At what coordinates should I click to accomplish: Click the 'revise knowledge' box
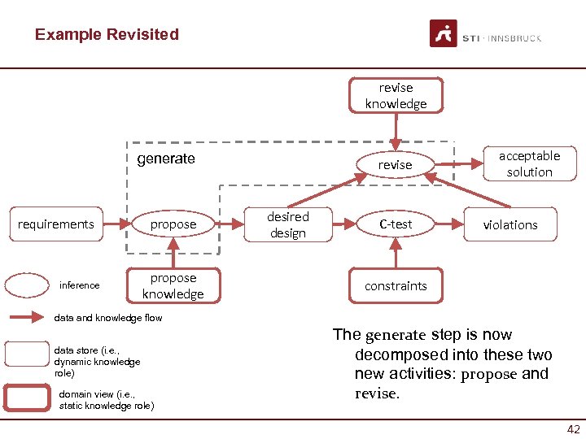click(x=396, y=96)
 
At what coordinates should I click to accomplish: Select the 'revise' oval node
click(x=395, y=165)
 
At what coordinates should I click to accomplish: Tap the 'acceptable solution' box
click(x=529, y=164)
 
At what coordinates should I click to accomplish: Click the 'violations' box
click(x=510, y=224)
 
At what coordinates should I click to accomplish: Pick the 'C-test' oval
click(x=396, y=224)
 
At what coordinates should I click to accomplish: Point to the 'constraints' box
click(x=396, y=286)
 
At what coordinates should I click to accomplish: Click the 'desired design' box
click(x=288, y=225)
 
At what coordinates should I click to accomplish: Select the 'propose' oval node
click(x=173, y=224)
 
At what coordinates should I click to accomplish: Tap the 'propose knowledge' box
click(x=173, y=286)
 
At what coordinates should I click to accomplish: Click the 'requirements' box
click(x=56, y=224)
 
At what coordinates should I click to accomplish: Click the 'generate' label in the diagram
click(x=166, y=159)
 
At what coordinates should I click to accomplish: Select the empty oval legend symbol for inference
click(x=27, y=285)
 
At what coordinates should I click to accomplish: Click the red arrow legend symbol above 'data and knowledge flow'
click(x=28, y=318)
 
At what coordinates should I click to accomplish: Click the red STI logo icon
click(x=444, y=34)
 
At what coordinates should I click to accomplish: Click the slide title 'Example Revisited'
click(x=107, y=34)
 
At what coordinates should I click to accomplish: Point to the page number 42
click(x=572, y=428)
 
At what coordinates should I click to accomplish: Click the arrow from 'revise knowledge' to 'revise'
click(x=396, y=130)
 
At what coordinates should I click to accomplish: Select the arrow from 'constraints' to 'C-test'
click(x=396, y=256)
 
